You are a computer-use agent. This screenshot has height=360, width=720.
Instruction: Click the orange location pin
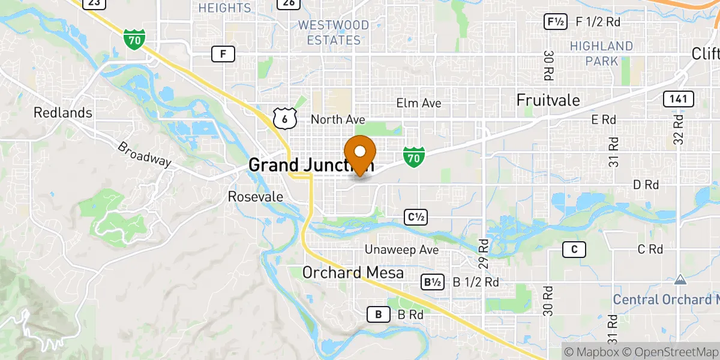361,154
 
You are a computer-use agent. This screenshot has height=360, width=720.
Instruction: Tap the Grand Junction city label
311,165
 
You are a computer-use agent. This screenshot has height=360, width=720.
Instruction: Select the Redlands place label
63,112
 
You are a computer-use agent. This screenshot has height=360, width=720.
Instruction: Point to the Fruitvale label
548,100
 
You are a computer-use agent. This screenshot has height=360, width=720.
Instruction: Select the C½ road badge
416,218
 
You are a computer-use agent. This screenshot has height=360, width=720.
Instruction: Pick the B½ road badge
433,282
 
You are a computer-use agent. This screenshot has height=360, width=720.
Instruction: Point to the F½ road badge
555,22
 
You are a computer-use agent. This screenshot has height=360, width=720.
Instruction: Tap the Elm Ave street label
419,103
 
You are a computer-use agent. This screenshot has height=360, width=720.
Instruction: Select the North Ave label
338,119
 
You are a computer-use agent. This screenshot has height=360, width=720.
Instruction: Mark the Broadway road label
144,154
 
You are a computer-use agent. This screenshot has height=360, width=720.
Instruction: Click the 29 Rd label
484,253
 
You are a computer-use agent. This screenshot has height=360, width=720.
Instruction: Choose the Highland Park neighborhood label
601,53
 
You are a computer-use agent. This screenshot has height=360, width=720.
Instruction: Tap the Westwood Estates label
333,32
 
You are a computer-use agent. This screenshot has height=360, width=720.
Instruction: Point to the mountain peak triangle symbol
680,280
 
